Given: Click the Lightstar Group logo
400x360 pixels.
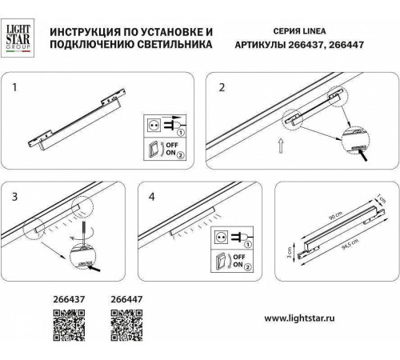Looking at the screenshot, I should coord(21,37).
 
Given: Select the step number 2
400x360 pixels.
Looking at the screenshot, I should coord(221,86).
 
